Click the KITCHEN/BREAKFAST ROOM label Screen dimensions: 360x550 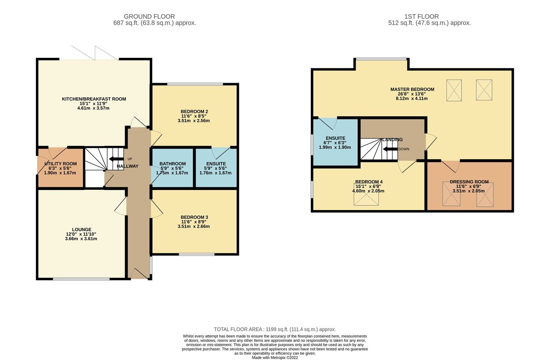tap(94, 99)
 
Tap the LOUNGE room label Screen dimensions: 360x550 tap(82, 229)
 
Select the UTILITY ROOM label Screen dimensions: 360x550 tap(60, 164)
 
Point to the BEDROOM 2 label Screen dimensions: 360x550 tap(194, 111)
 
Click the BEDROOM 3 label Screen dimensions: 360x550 tap(194, 217)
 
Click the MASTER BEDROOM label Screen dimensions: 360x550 tap(412, 89)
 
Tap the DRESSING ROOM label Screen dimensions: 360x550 tap(469, 182)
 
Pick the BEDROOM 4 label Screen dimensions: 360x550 tap(369, 182)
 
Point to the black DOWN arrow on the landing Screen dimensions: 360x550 tap(390, 149)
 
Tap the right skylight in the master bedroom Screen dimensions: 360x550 tap(484, 90)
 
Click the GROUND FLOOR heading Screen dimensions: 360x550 tap(149, 17)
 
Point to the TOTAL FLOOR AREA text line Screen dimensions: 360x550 tap(275, 329)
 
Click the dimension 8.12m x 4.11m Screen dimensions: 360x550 tap(412, 99)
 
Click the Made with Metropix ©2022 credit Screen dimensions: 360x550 tap(275, 358)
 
